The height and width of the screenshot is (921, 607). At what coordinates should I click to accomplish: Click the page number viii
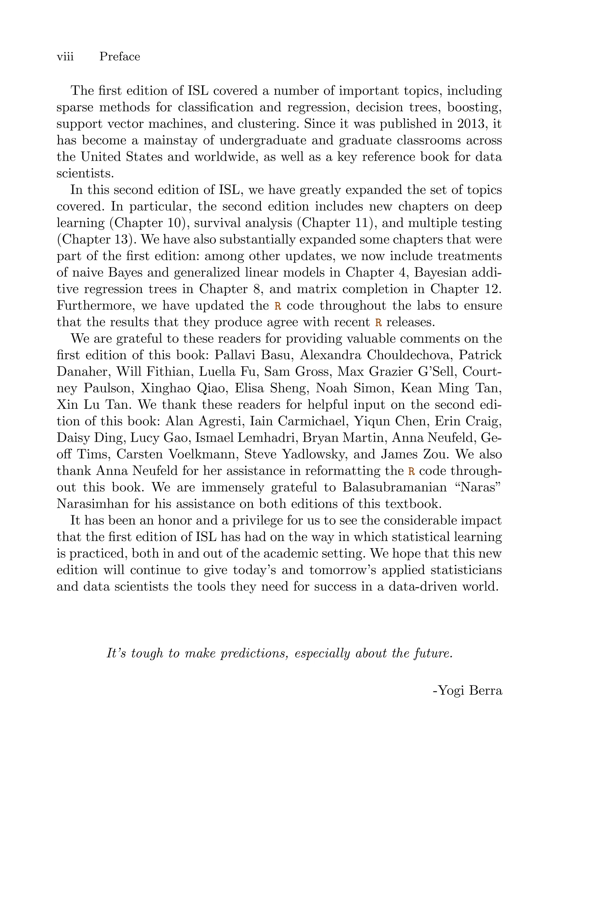(x=65, y=57)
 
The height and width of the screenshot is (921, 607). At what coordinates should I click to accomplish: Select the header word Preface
(x=120, y=57)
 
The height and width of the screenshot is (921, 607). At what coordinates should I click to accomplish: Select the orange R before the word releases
(x=378, y=322)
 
